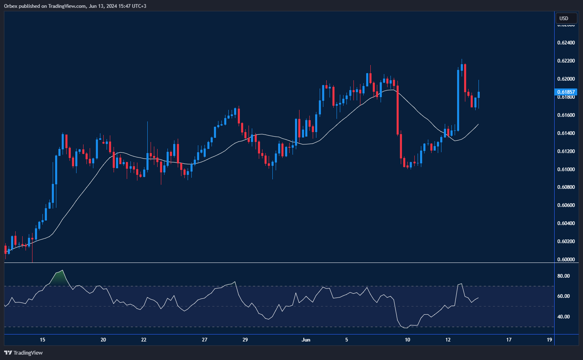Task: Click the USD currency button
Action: pyautogui.click(x=564, y=18)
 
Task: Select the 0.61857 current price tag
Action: pyautogui.click(x=566, y=92)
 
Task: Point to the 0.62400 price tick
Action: pyautogui.click(x=566, y=43)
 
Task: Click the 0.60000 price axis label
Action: pyautogui.click(x=566, y=259)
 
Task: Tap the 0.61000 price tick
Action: pyautogui.click(x=566, y=169)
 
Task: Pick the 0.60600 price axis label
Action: pyautogui.click(x=566, y=205)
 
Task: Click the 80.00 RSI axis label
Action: pyautogui.click(x=563, y=276)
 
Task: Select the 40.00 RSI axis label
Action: pyautogui.click(x=563, y=317)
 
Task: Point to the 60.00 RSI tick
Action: pyautogui.click(x=563, y=296)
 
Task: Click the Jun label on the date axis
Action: pyautogui.click(x=306, y=340)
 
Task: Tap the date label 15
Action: pyautogui.click(x=42, y=340)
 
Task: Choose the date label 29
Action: pyautogui.click(x=245, y=340)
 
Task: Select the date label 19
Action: pyautogui.click(x=549, y=340)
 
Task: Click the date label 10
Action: pyautogui.click(x=407, y=340)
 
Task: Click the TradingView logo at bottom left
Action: pyautogui.click(x=23, y=353)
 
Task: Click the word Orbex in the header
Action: pyautogui.click(x=11, y=6)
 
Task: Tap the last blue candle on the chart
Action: pyautogui.click(x=478, y=95)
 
